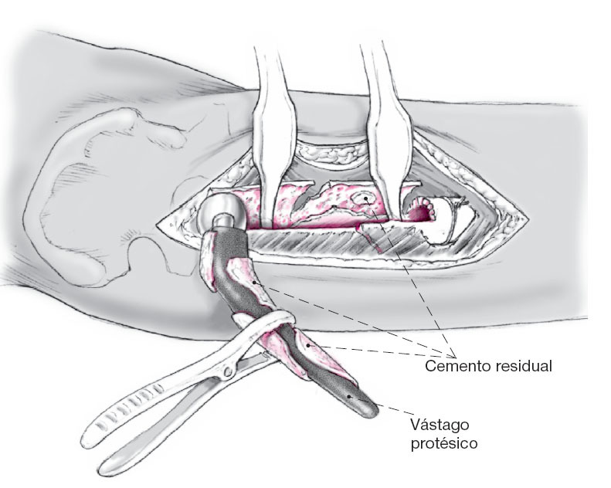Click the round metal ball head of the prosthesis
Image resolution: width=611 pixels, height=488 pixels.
click(x=219, y=208)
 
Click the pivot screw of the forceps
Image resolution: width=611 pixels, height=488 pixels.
click(x=229, y=373)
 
